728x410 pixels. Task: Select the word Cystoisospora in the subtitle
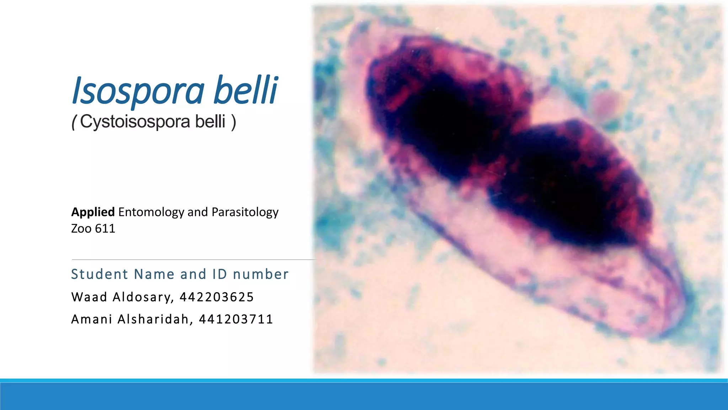(x=135, y=122)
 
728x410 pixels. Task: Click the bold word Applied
(x=93, y=212)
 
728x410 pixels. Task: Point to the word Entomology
(x=151, y=212)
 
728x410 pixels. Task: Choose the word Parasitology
(x=245, y=212)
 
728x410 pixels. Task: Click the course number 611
(x=105, y=228)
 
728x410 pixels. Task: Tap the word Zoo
(x=81, y=228)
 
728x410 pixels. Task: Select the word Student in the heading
(x=100, y=274)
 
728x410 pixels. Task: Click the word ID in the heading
(x=220, y=274)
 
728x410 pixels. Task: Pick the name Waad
(x=89, y=297)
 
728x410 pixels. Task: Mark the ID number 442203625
(x=216, y=297)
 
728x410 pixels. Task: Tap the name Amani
(x=92, y=319)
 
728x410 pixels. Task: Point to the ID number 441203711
(x=236, y=319)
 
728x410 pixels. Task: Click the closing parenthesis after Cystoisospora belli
(x=234, y=122)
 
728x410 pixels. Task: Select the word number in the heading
(x=261, y=274)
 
